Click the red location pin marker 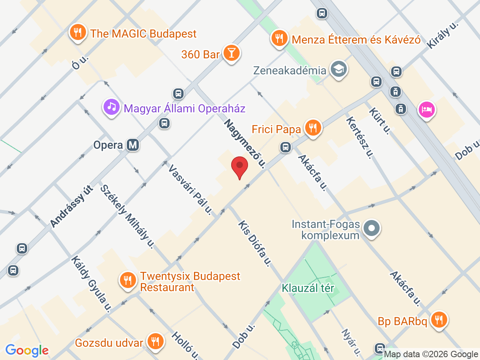pyautogui.click(x=240, y=166)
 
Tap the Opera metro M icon pyautogui.click(x=133, y=145)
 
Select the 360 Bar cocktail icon pyautogui.click(x=231, y=53)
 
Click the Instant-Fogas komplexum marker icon pyautogui.click(x=372, y=229)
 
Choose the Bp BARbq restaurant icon pyautogui.click(x=439, y=320)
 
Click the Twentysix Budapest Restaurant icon pyautogui.click(x=128, y=280)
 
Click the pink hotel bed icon pyautogui.click(x=426, y=109)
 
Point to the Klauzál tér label pyautogui.click(x=308, y=288)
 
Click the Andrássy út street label pyautogui.click(x=72, y=207)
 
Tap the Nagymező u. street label pyautogui.click(x=245, y=143)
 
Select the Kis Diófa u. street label pyautogui.click(x=255, y=244)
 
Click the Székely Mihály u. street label pyautogui.click(x=127, y=216)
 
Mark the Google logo pyautogui.click(x=27, y=350)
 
